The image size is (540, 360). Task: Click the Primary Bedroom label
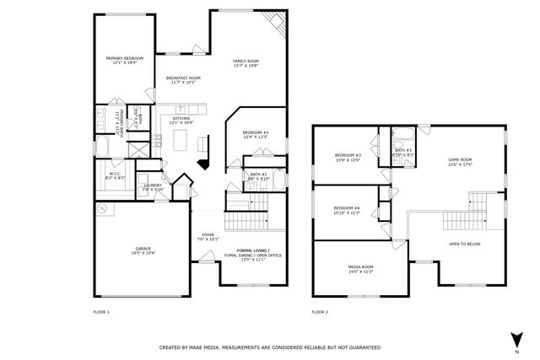(124, 60)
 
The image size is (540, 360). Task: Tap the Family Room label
(246, 62)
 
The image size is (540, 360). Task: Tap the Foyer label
(208, 237)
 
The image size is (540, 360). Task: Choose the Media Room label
(360, 269)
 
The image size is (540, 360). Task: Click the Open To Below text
(465, 244)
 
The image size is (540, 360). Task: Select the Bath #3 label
(403, 153)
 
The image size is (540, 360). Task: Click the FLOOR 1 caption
(101, 312)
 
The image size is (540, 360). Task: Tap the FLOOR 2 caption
(320, 312)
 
